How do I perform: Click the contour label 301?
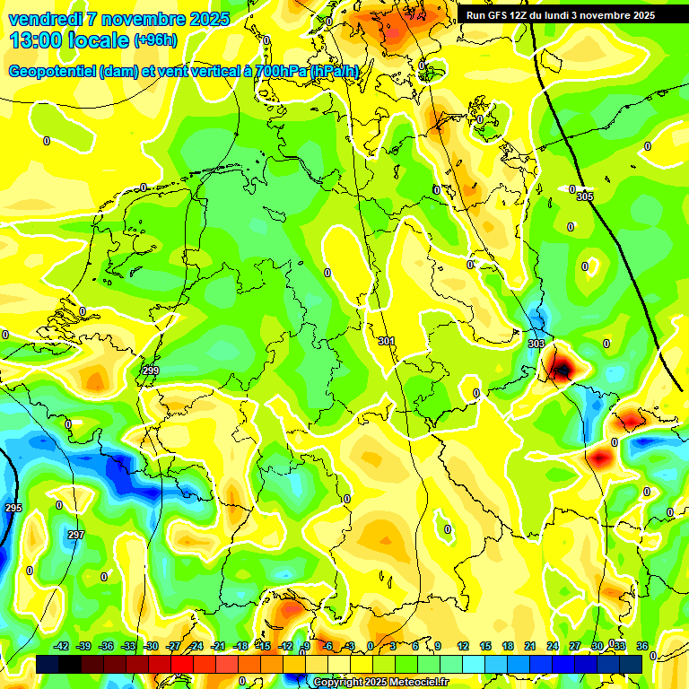[x=387, y=341]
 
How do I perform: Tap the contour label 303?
[x=536, y=344]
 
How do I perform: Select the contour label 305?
[x=585, y=196]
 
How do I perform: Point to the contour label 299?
[x=151, y=371]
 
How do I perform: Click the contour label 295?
[x=13, y=509]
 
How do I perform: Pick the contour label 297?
[x=76, y=535]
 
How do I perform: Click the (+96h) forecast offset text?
[x=154, y=40]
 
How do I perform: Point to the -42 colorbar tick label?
[x=62, y=646]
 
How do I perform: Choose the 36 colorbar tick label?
[x=642, y=646]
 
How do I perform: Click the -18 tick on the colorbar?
[x=240, y=646]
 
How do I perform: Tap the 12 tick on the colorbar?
[x=463, y=646]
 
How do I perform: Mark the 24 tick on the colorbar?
[x=553, y=646]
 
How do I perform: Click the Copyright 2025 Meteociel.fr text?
[x=380, y=682]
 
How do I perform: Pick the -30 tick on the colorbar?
[x=152, y=646]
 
